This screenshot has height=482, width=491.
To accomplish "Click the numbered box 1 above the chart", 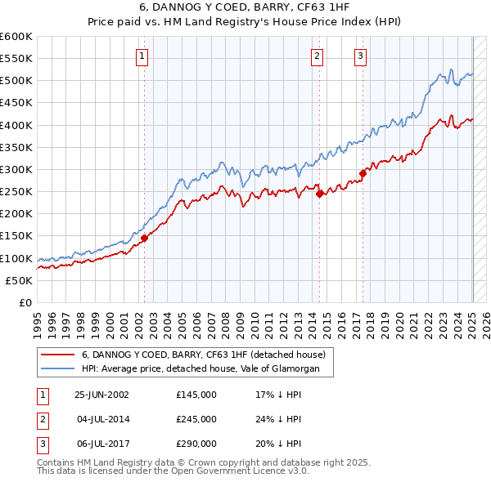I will point(142,56).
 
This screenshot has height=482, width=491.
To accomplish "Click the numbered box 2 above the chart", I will point(317,56).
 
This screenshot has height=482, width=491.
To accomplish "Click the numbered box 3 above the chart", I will point(361,56).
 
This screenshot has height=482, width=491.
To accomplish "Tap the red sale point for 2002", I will point(144,238).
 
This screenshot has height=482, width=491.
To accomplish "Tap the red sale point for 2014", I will point(320,194).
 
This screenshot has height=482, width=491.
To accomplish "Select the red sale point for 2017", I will point(363,173).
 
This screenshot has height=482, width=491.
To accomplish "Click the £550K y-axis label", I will point(16,59).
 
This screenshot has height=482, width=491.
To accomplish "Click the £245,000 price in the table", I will point(196,419).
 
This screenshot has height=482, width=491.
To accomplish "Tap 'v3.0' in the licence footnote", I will point(295,471).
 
